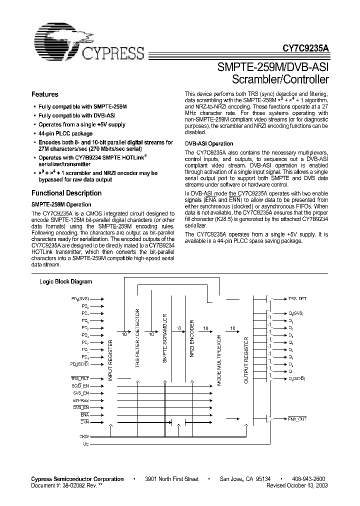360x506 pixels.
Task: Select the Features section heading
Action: click(x=45, y=94)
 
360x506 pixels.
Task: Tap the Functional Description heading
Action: click(x=66, y=193)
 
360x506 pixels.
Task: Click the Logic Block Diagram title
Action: click(x=66, y=281)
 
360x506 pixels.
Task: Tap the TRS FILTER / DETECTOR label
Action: click(x=138, y=337)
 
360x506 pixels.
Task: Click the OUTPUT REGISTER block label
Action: click(x=245, y=360)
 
